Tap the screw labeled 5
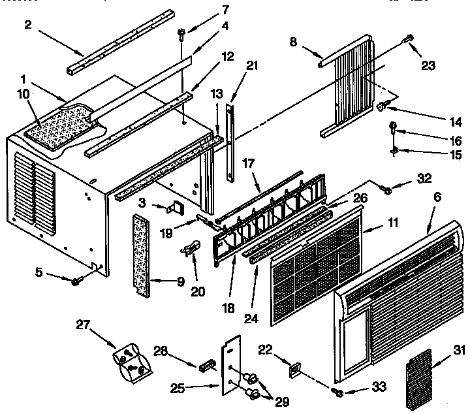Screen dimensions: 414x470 pyautogui.click(x=76, y=280)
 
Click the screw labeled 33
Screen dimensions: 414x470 pyautogui.click(x=337, y=392)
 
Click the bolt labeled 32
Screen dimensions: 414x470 pyautogui.click(x=385, y=189)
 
